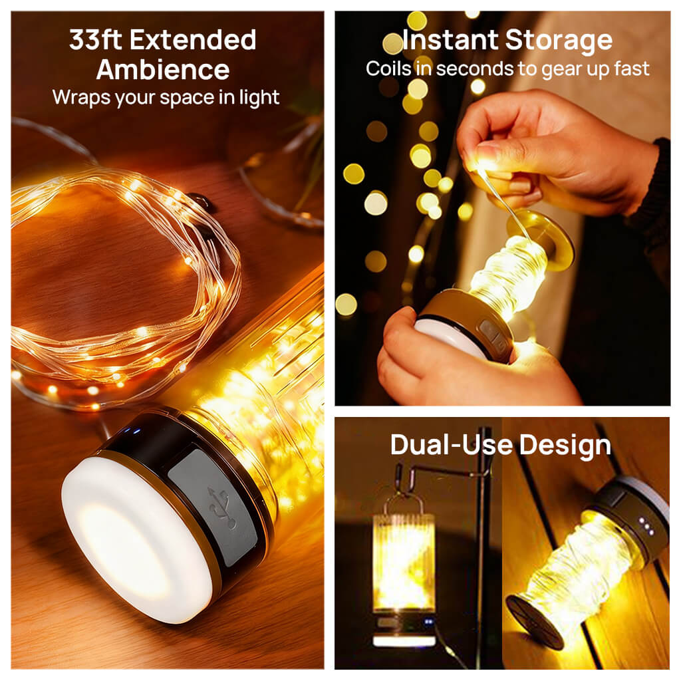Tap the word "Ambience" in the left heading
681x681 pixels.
pos(163,70)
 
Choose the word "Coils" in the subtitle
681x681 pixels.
pos(388,68)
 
